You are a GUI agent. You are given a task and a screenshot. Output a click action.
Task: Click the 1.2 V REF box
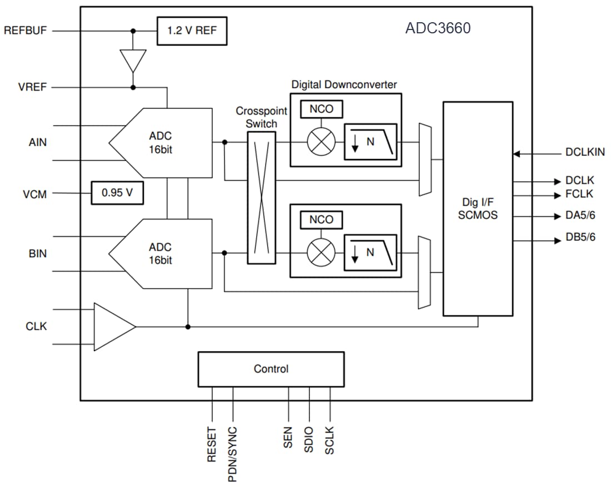click(x=192, y=31)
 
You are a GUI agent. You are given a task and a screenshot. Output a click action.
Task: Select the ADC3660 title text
click(x=438, y=28)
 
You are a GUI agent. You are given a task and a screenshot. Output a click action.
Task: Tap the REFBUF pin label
click(x=26, y=31)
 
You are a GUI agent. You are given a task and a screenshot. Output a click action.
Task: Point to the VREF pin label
click(x=32, y=87)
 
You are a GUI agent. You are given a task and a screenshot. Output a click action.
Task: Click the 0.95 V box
click(x=117, y=193)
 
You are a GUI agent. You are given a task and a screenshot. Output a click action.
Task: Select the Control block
click(x=271, y=369)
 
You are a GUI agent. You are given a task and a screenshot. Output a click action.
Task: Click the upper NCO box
click(x=321, y=109)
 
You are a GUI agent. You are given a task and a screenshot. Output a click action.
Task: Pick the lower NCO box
click(x=321, y=220)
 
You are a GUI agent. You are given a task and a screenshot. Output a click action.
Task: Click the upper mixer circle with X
click(x=321, y=142)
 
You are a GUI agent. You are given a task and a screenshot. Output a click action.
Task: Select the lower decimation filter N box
click(x=370, y=253)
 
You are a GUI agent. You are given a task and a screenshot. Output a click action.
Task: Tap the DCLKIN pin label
click(x=585, y=152)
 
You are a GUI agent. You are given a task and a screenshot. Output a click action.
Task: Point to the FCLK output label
click(x=579, y=194)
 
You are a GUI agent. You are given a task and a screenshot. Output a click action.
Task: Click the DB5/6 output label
click(x=580, y=237)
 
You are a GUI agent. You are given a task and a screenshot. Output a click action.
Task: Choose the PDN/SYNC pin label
click(x=233, y=454)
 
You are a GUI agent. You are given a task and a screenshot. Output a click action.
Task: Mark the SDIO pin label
click(x=309, y=439)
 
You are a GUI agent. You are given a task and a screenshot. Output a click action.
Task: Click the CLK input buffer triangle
click(x=111, y=326)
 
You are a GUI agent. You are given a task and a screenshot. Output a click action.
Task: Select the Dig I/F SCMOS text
click(x=478, y=208)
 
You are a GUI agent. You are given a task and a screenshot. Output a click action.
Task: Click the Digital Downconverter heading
click(x=344, y=85)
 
